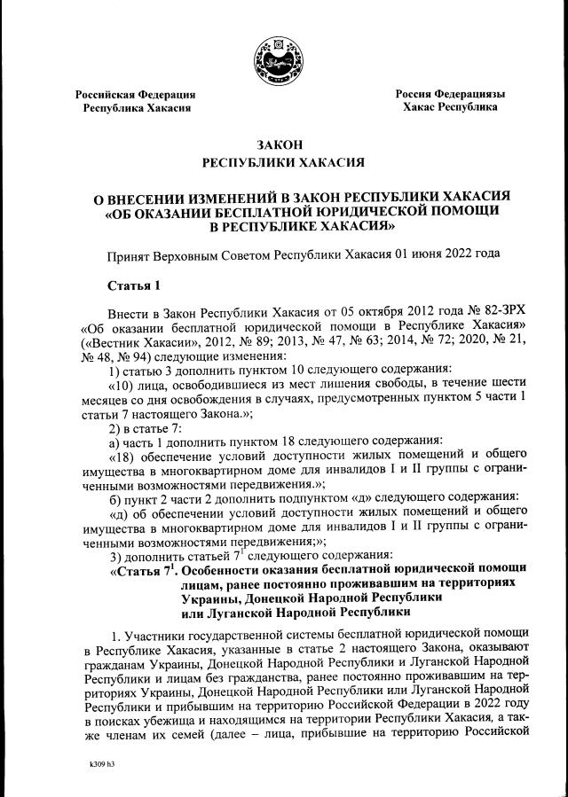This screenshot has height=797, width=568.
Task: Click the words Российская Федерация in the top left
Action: (135, 94)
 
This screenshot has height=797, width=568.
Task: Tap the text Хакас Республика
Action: (450, 107)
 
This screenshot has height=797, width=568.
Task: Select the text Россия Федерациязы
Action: (450, 94)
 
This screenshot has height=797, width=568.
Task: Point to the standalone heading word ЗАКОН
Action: (284, 145)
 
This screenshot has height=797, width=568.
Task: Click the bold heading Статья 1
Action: (135, 285)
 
